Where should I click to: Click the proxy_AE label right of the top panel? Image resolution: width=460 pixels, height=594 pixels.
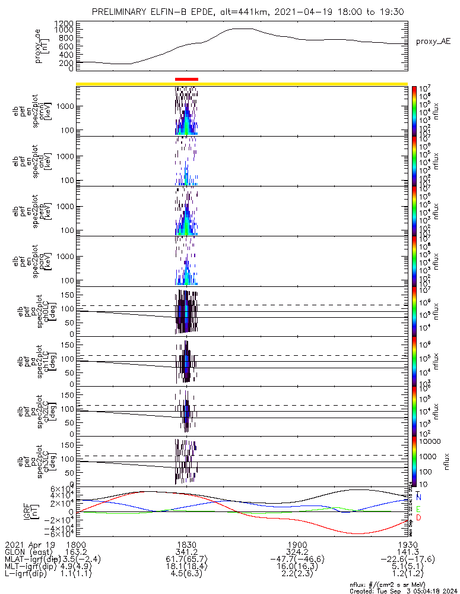(433, 41)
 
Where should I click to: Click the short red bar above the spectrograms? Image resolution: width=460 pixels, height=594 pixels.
(186, 78)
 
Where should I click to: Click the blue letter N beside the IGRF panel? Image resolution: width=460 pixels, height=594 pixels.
(418, 497)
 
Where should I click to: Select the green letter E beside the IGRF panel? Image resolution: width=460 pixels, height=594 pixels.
(418, 509)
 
